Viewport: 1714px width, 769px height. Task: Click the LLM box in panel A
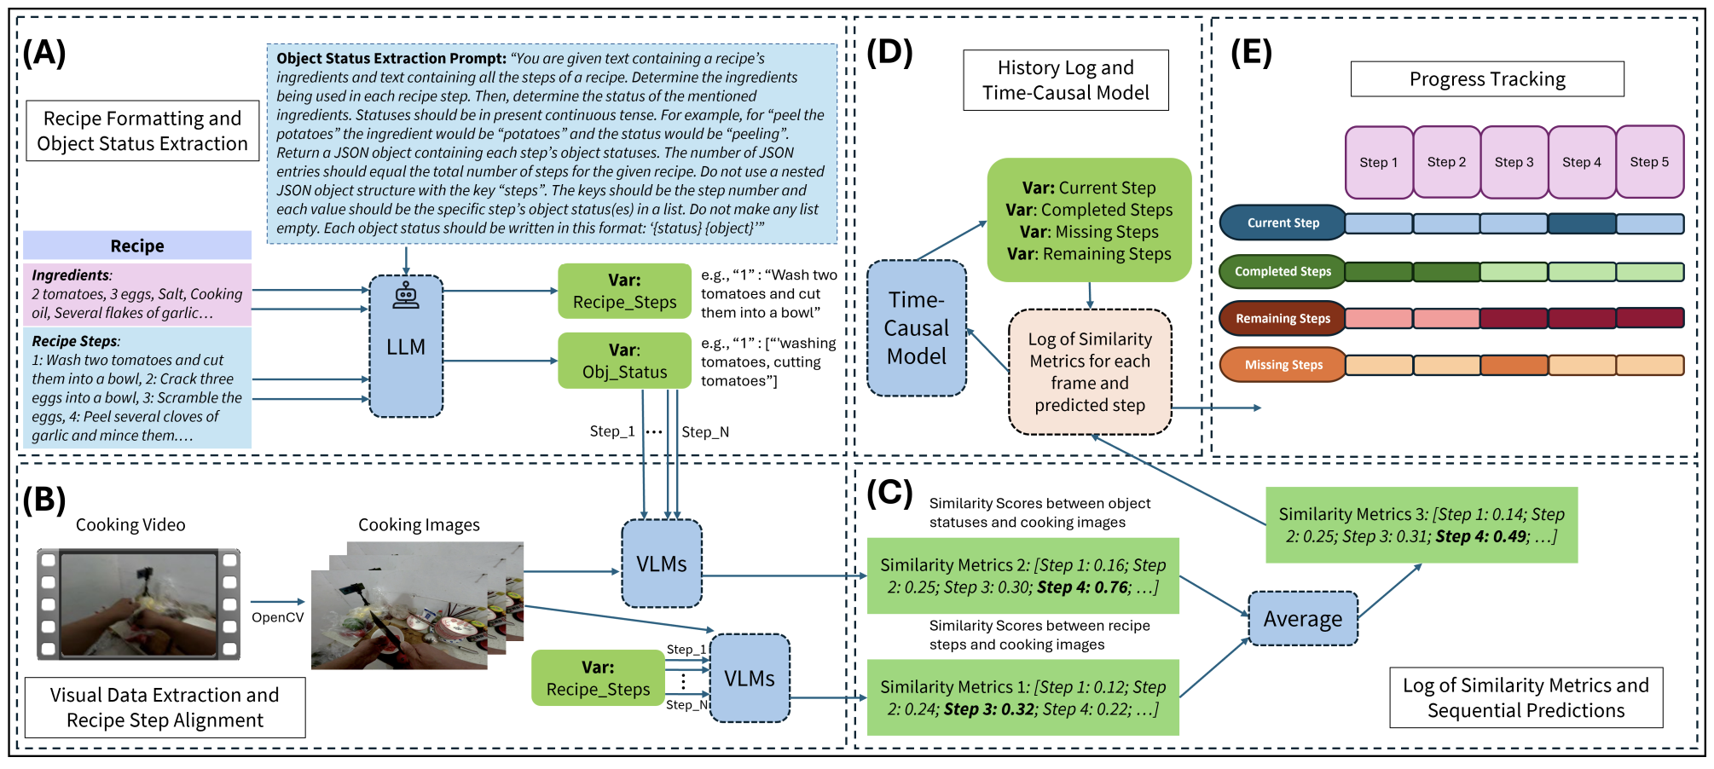click(x=406, y=346)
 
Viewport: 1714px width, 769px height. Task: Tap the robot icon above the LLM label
click(x=405, y=295)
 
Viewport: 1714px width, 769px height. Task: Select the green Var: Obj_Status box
click(x=624, y=361)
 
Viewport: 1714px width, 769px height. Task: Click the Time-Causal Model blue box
click(x=917, y=328)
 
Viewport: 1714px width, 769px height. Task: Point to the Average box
click(x=1302, y=619)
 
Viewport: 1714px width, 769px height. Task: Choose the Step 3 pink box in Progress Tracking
click(x=1514, y=162)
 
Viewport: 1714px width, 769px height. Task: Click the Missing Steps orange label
click(x=1283, y=365)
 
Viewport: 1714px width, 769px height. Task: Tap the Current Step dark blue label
click(x=1283, y=223)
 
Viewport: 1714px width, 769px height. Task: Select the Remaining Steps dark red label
click(x=1283, y=319)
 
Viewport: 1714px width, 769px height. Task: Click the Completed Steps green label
click(x=1283, y=272)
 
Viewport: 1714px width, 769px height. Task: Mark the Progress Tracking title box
click(x=1487, y=79)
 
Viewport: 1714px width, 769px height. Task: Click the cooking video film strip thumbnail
click(x=138, y=604)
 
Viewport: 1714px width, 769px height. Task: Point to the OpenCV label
click(x=277, y=617)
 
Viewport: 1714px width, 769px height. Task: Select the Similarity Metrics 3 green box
click(x=1422, y=525)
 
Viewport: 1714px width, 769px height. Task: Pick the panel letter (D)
click(x=889, y=53)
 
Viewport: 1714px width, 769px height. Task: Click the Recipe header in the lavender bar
click(x=137, y=246)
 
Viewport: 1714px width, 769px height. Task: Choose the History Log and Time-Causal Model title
click(x=1066, y=80)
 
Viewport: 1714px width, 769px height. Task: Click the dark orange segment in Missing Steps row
click(x=1514, y=366)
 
